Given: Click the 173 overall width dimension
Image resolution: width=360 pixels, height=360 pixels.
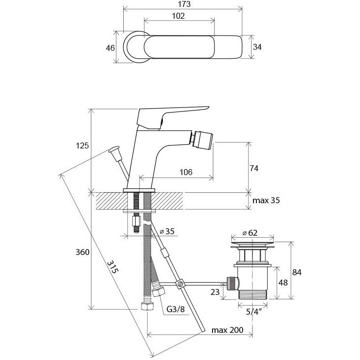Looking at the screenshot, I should click(x=182, y=4).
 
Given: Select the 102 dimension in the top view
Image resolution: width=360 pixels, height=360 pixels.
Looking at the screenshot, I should click(x=179, y=16).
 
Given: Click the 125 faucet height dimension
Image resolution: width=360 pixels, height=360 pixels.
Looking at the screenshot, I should click(x=82, y=145).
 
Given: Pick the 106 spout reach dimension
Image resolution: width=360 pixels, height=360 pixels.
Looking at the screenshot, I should click(x=185, y=172).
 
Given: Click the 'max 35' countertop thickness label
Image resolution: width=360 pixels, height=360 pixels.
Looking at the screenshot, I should click(x=267, y=201).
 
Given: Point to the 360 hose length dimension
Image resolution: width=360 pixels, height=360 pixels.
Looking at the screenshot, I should click(x=82, y=252).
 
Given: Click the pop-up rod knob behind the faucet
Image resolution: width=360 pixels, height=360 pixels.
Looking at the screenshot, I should click(x=115, y=149).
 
